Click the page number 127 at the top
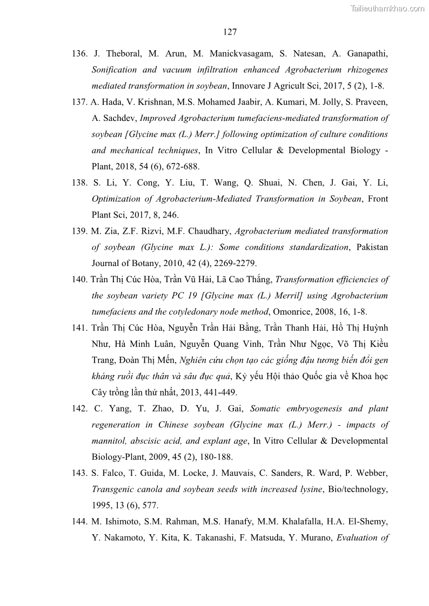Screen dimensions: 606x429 pos(230,32)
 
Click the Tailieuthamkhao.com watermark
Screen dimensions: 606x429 pos(387,8)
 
